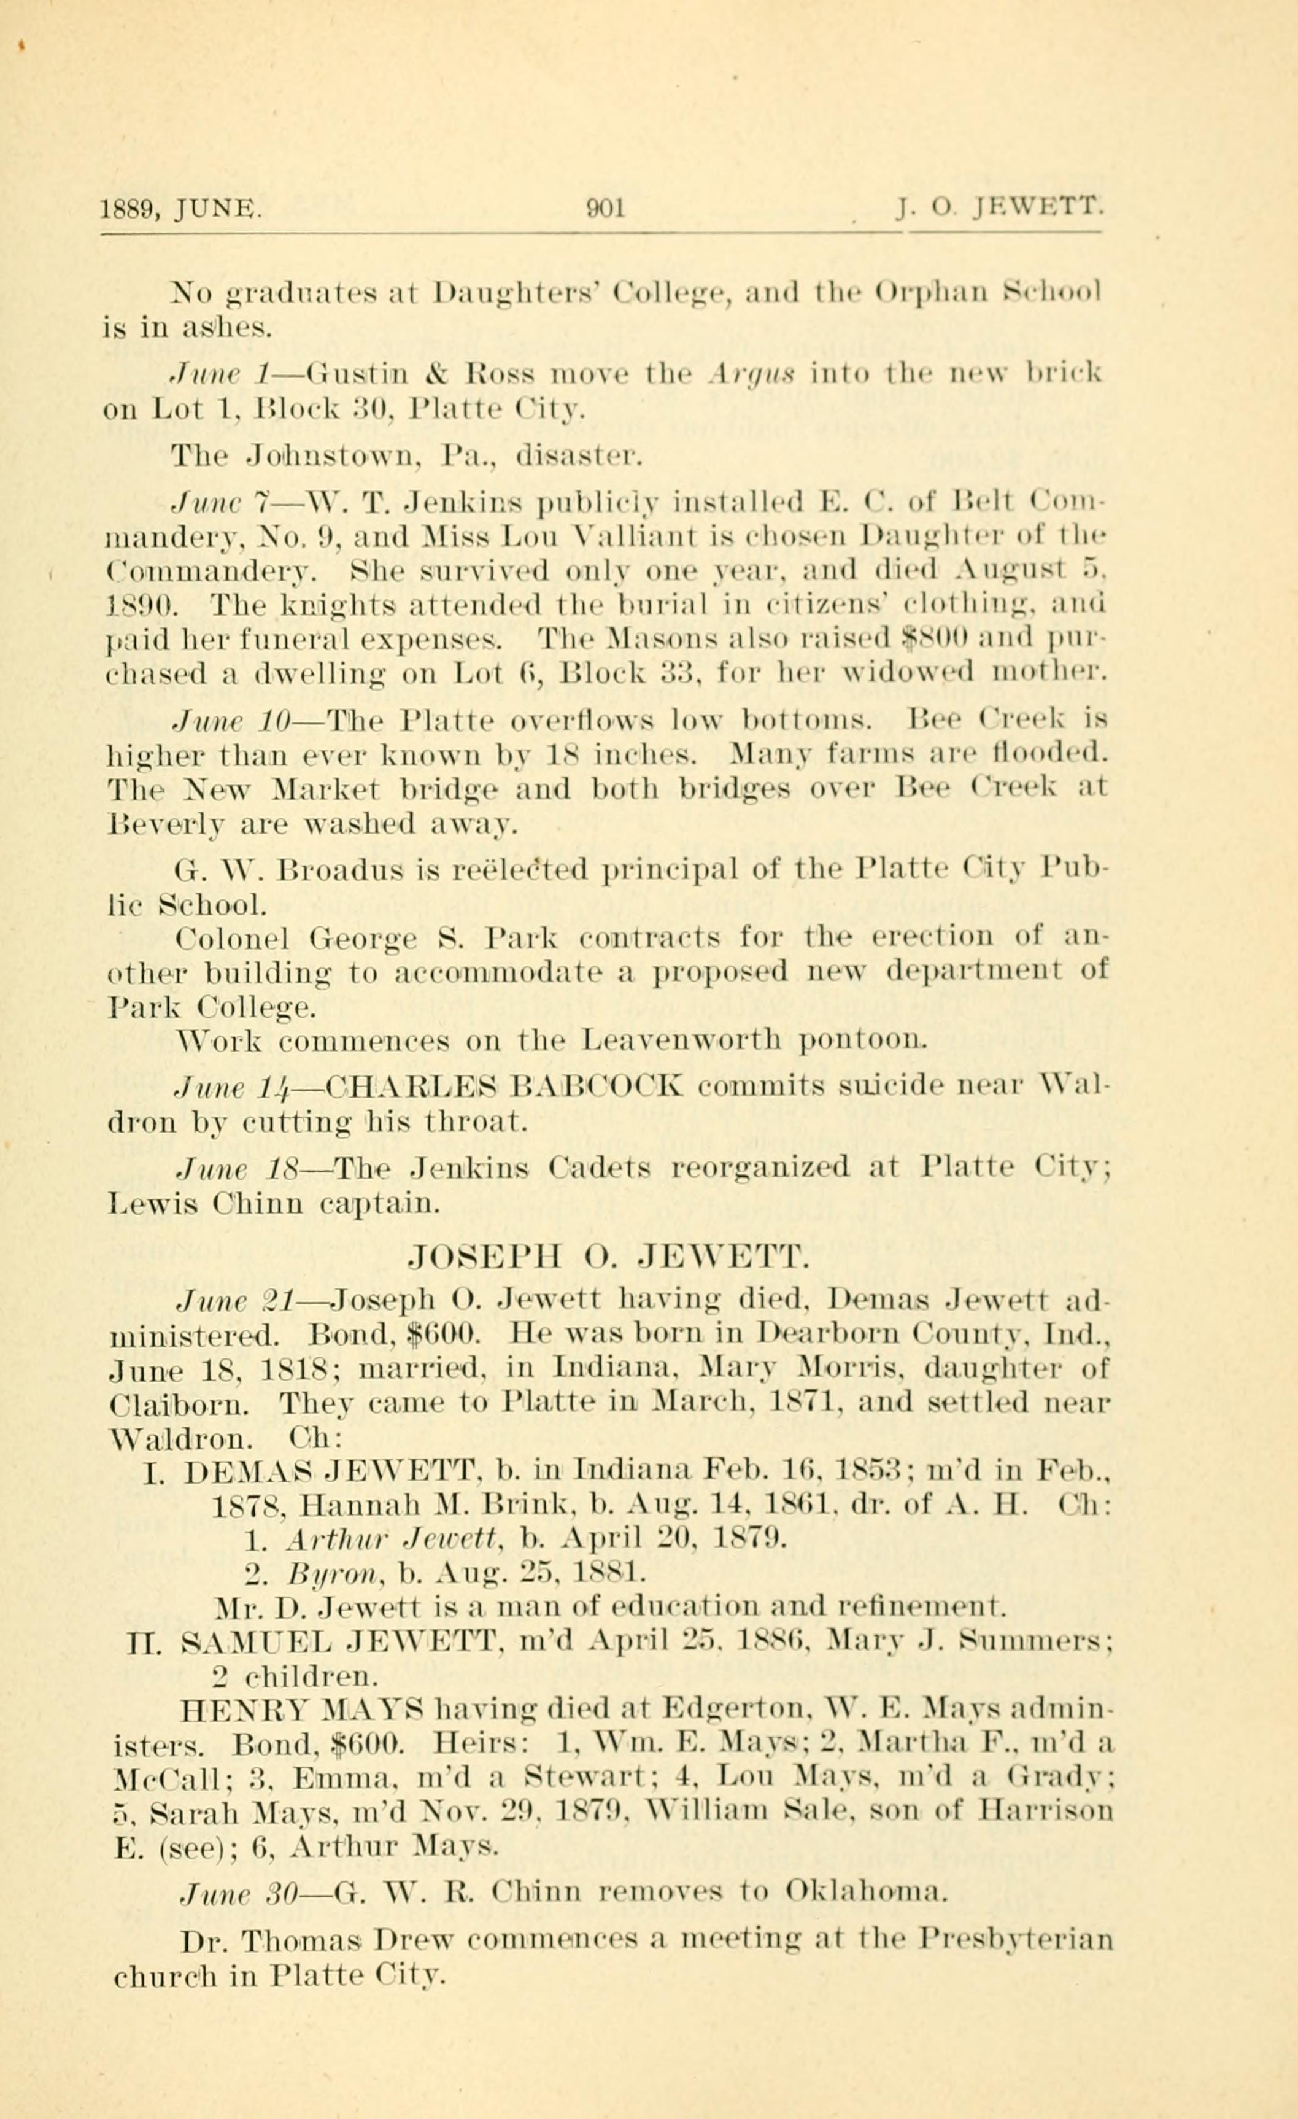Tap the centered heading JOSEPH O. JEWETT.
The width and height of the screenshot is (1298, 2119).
pyautogui.click(x=609, y=1261)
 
